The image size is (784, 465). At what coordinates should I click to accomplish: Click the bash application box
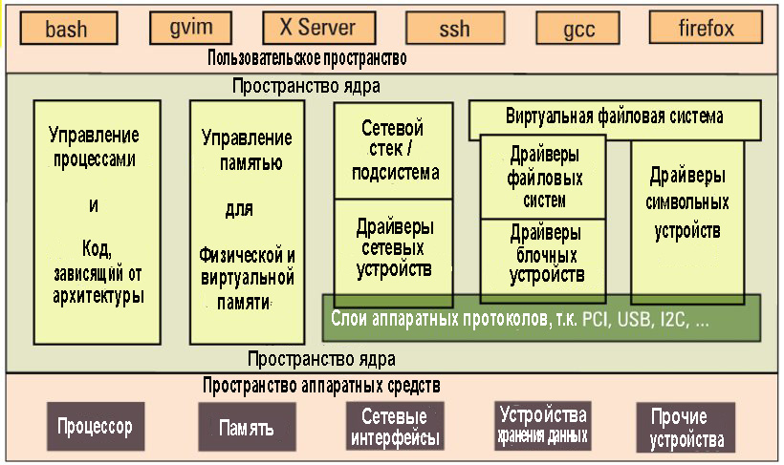(x=67, y=29)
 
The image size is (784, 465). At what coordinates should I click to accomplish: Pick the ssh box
(x=454, y=29)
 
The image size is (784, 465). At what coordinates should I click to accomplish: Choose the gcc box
(x=578, y=29)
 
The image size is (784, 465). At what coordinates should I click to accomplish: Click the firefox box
(x=707, y=28)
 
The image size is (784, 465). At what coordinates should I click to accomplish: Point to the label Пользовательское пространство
(x=307, y=58)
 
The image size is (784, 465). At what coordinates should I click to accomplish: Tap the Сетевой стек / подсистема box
(x=393, y=150)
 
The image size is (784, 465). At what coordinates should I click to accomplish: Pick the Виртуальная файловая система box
(x=614, y=117)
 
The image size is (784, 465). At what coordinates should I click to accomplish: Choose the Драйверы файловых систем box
(x=543, y=178)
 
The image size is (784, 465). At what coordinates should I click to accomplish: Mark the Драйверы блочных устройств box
(x=543, y=253)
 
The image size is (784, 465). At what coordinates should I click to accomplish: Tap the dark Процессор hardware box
(x=94, y=426)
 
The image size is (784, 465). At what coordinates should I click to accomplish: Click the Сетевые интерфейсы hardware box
(x=395, y=427)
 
